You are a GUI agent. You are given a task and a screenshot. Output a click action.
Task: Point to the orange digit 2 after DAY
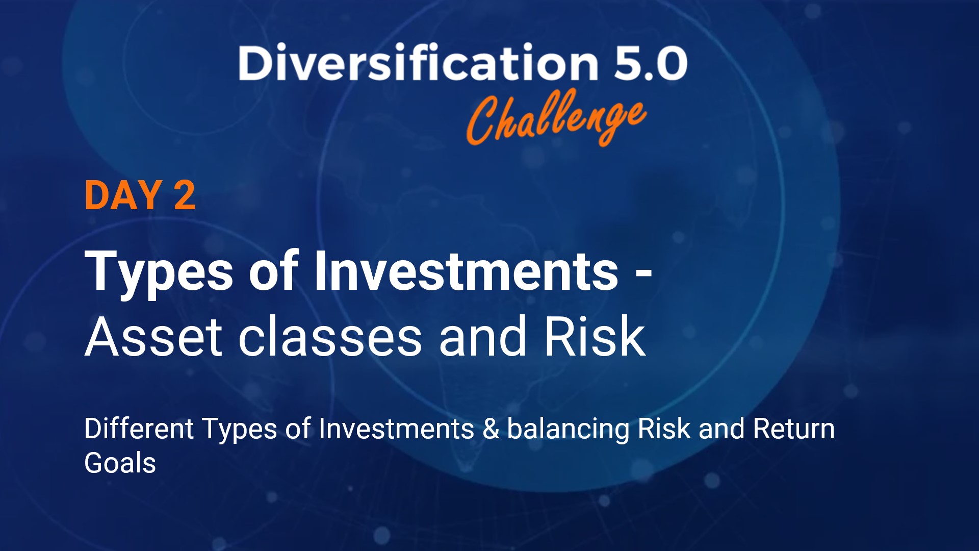[184, 195]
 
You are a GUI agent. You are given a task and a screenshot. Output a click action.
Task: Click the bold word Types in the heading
[159, 271]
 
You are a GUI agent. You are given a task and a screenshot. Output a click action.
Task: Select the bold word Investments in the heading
[466, 271]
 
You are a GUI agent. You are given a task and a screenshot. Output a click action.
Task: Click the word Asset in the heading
[153, 337]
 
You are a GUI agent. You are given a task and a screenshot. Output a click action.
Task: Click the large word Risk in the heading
[595, 337]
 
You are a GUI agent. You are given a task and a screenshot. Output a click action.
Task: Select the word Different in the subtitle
[139, 429]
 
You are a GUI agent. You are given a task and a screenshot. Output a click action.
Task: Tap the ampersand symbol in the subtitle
[491, 429]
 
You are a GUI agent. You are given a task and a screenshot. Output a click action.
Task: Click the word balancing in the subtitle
[568, 430]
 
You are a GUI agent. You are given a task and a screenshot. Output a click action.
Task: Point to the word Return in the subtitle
[793, 429]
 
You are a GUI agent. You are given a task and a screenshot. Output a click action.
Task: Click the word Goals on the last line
[120, 463]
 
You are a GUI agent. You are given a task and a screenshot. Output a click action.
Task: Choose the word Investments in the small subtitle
[396, 429]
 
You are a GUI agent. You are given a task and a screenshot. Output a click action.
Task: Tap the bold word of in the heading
[272, 271]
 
